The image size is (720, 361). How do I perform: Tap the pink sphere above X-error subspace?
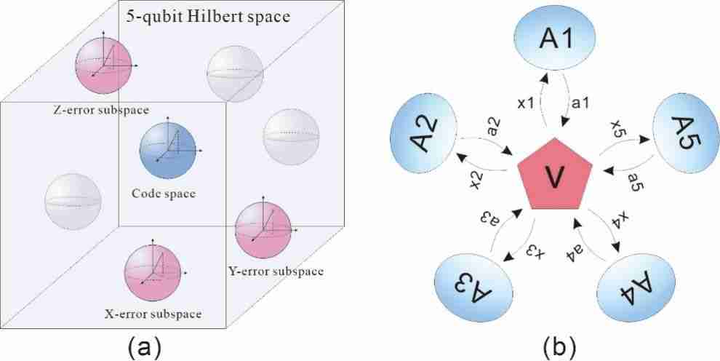click(x=151, y=273)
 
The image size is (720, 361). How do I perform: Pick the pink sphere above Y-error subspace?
click(x=263, y=230)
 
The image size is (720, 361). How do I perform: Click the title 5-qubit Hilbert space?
click(x=208, y=17)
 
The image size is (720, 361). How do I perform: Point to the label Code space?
click(x=164, y=194)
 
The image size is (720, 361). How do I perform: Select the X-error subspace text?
click(x=153, y=314)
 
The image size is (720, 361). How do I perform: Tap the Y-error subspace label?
click(x=276, y=271)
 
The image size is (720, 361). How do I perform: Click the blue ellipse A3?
click(x=473, y=290)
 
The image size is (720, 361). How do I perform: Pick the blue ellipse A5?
click(x=685, y=136)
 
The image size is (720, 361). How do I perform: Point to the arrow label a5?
click(x=633, y=186)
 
